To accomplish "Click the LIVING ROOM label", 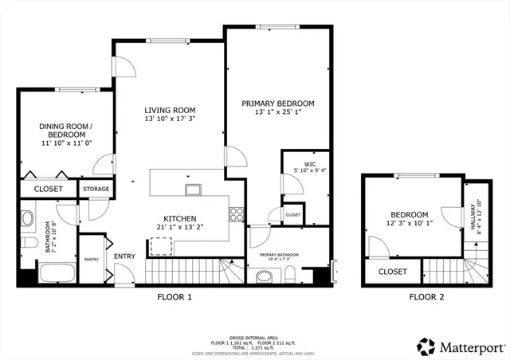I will tap(170, 110).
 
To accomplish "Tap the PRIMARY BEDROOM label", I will tap(278, 104).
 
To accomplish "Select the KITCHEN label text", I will tap(180, 218).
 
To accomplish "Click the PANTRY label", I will tap(91, 260).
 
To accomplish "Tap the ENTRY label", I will tap(124, 256).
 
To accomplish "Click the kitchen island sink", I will tap(193, 190).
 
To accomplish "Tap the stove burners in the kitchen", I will tap(236, 213).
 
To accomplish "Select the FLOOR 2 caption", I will tap(426, 297).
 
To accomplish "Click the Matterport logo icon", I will tap(426, 346).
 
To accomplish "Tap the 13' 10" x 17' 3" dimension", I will tap(170, 119).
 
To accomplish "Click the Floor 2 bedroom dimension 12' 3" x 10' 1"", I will tap(410, 224).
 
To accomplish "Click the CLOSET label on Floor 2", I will tap(392, 272).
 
